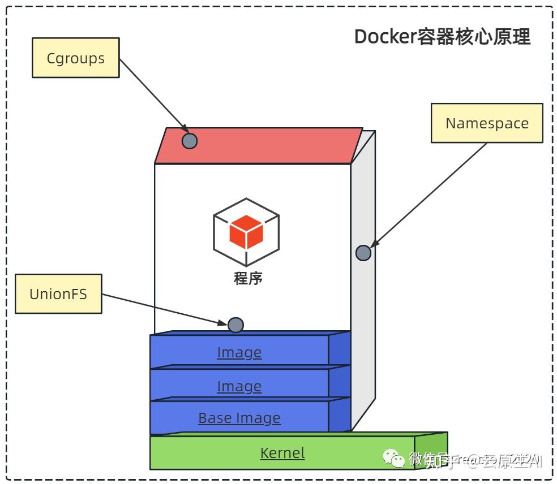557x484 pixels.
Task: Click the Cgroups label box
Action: coord(75,58)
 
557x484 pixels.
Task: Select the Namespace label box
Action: coord(487,123)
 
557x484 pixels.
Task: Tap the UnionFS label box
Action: coord(58,294)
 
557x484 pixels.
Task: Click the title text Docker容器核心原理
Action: coord(442,37)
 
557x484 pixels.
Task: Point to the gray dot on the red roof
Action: coord(190,141)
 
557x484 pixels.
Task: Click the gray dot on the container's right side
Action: coord(363,253)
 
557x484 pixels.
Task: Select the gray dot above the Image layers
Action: coord(235,325)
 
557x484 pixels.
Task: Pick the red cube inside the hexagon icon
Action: coord(246,233)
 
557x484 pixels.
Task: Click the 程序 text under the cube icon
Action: coord(248,278)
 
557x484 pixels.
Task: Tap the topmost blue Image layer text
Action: coord(239,352)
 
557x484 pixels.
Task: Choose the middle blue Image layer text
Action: coord(239,386)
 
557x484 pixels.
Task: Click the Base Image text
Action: coord(239,418)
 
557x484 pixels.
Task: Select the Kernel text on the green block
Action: coord(282,453)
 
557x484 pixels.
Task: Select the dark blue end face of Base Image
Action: coord(340,416)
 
